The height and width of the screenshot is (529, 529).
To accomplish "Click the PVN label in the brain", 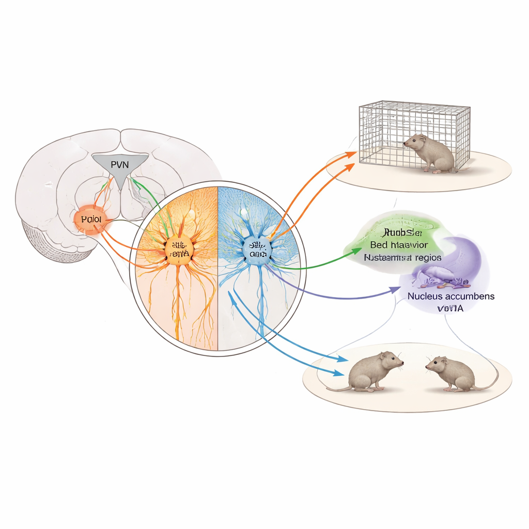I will (x=118, y=165).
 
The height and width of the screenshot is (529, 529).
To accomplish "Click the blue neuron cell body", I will (x=257, y=250).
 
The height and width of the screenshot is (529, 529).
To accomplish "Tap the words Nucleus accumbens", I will (x=450, y=297).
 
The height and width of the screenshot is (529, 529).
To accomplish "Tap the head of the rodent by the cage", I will (x=413, y=141).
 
